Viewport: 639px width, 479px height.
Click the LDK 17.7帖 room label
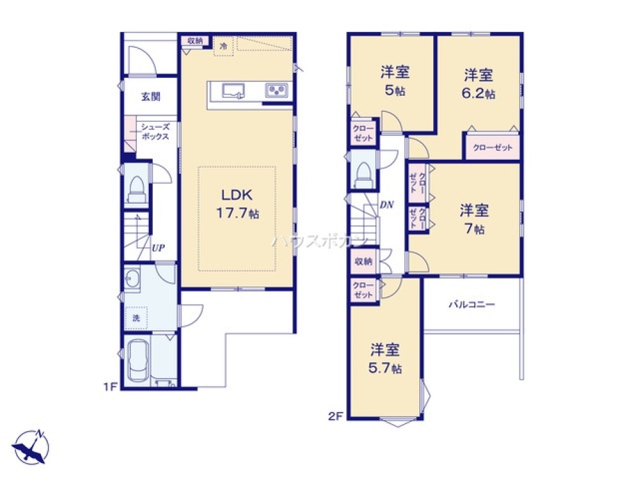(237, 204)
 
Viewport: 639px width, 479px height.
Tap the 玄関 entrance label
(151, 97)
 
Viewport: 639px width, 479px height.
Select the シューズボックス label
(155, 132)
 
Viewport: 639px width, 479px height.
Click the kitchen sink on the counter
(233, 91)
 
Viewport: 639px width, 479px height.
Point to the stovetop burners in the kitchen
(277, 90)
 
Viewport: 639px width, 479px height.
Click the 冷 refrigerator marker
(223, 47)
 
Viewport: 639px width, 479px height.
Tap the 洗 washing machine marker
(136, 318)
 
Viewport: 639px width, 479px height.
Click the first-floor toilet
(137, 189)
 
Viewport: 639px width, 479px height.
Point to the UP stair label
(158, 248)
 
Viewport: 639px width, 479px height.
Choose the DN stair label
(387, 204)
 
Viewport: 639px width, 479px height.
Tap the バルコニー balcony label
(472, 304)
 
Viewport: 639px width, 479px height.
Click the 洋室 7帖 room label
(474, 219)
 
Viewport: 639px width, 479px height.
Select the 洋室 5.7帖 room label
(385, 358)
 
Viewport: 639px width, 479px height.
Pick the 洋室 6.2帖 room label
(479, 84)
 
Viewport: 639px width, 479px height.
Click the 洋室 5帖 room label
(395, 80)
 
